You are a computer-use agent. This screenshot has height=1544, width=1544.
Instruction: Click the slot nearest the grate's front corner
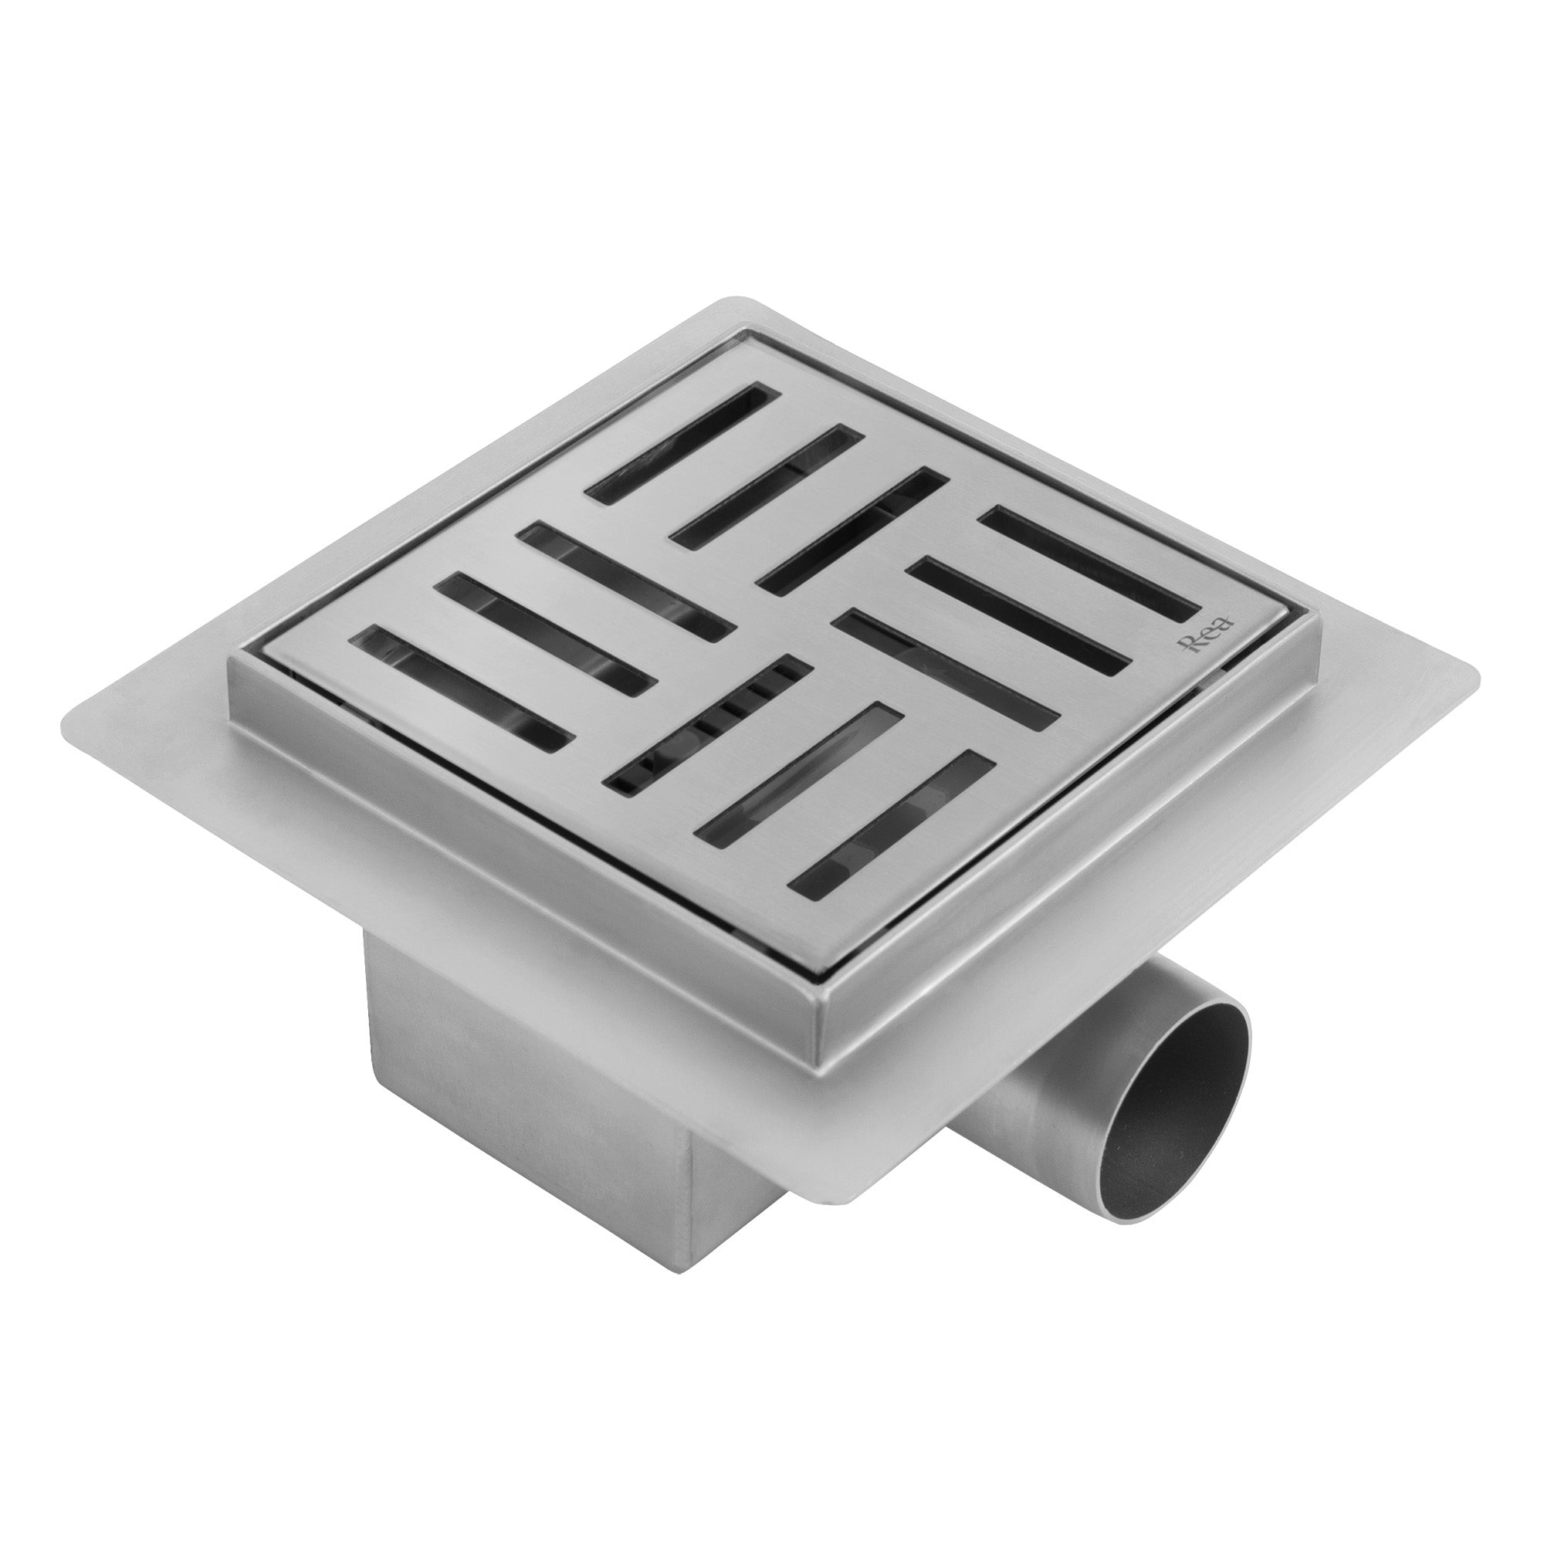pyautogui.click(x=892, y=859)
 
